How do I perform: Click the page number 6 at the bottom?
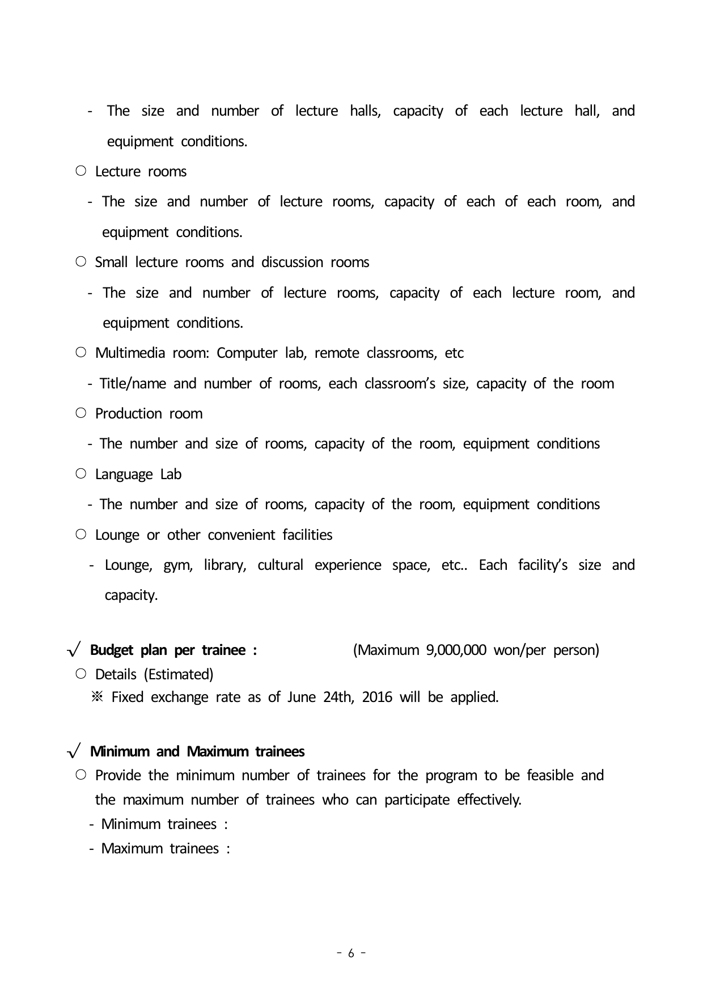[351, 953]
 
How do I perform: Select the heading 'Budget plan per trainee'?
[168, 650]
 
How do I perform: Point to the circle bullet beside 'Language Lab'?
[81, 473]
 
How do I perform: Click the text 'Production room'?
[149, 414]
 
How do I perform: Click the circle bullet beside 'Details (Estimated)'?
[81, 674]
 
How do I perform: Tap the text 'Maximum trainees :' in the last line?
[165, 849]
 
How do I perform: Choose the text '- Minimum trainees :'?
[158, 824]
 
